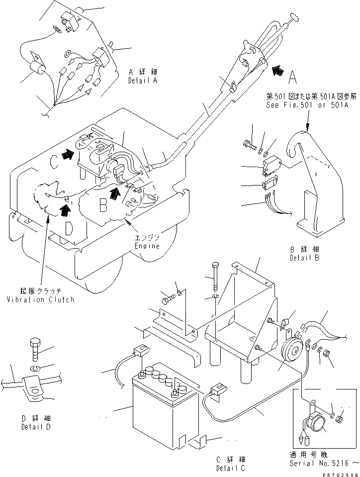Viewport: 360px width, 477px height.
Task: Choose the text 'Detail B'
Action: pos(304,258)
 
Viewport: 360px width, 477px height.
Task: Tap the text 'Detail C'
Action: pos(230,468)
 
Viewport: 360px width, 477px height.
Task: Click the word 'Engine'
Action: pos(147,246)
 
